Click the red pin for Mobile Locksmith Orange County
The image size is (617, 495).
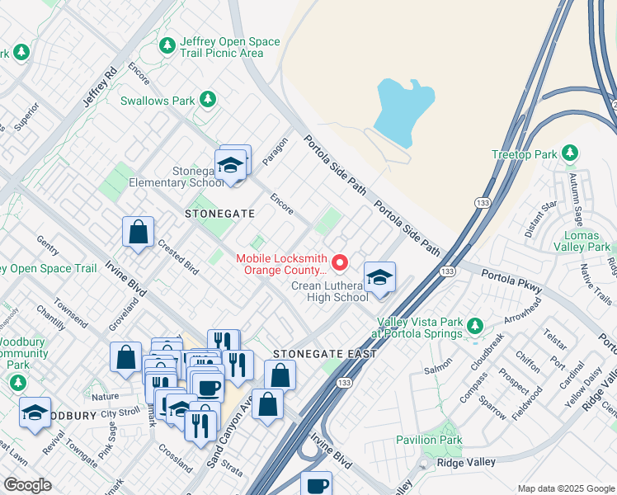pos(337,263)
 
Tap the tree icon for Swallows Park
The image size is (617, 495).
pos(208,101)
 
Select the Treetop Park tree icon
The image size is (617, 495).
pos(568,153)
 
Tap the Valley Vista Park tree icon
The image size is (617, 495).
pos(474,327)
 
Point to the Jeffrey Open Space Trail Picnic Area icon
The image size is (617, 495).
pos(168,45)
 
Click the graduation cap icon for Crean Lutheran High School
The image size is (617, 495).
pos(379,277)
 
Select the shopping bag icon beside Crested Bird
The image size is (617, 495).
pos(139,232)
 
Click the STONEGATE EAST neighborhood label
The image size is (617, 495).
pos(325,354)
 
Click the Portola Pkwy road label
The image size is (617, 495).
pos(511,282)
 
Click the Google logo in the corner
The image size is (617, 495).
pos(27,485)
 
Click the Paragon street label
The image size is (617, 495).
pos(276,151)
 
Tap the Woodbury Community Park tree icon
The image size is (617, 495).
pos(17,383)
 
